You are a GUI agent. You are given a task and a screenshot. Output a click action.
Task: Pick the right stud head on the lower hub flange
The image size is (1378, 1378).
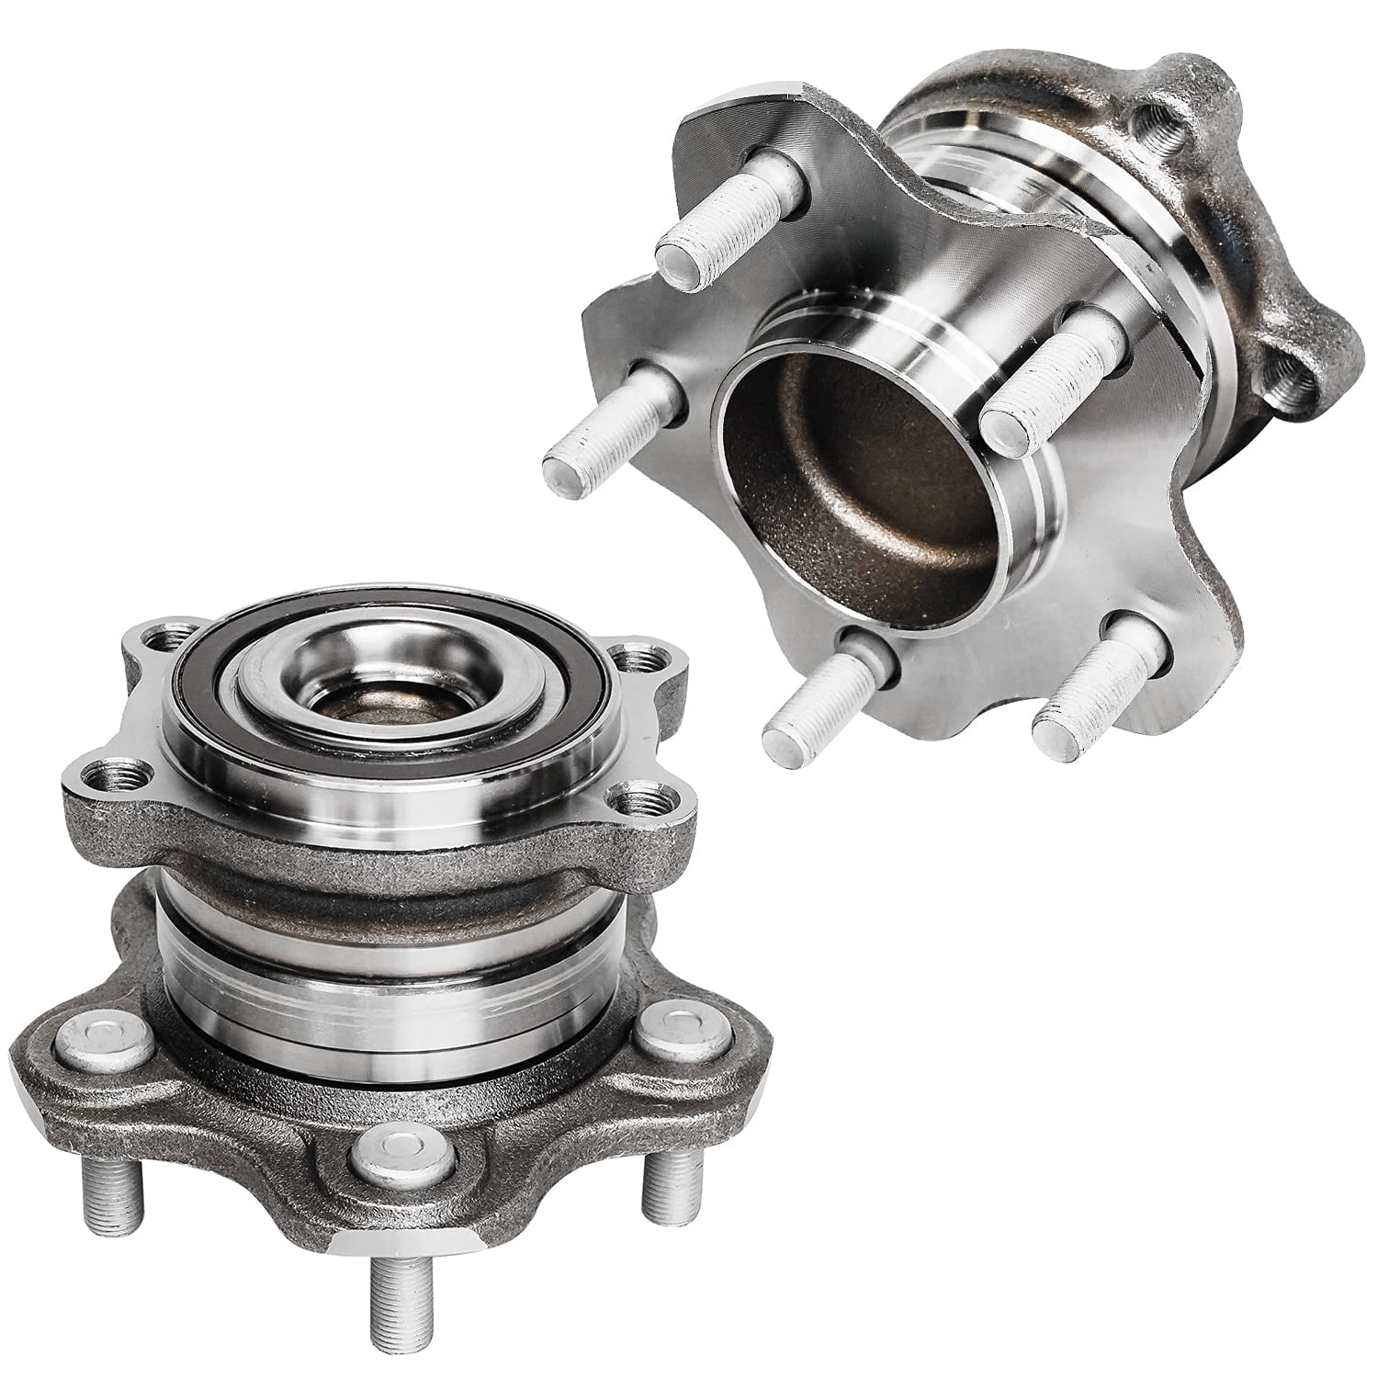671,1037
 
